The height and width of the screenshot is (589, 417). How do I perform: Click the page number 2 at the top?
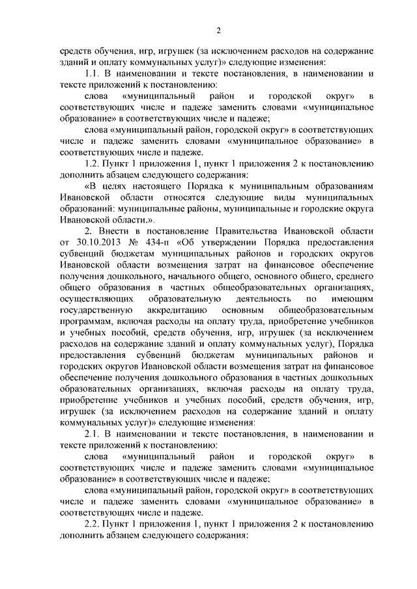click(220, 30)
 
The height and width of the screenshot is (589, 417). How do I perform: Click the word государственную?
click(96, 310)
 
